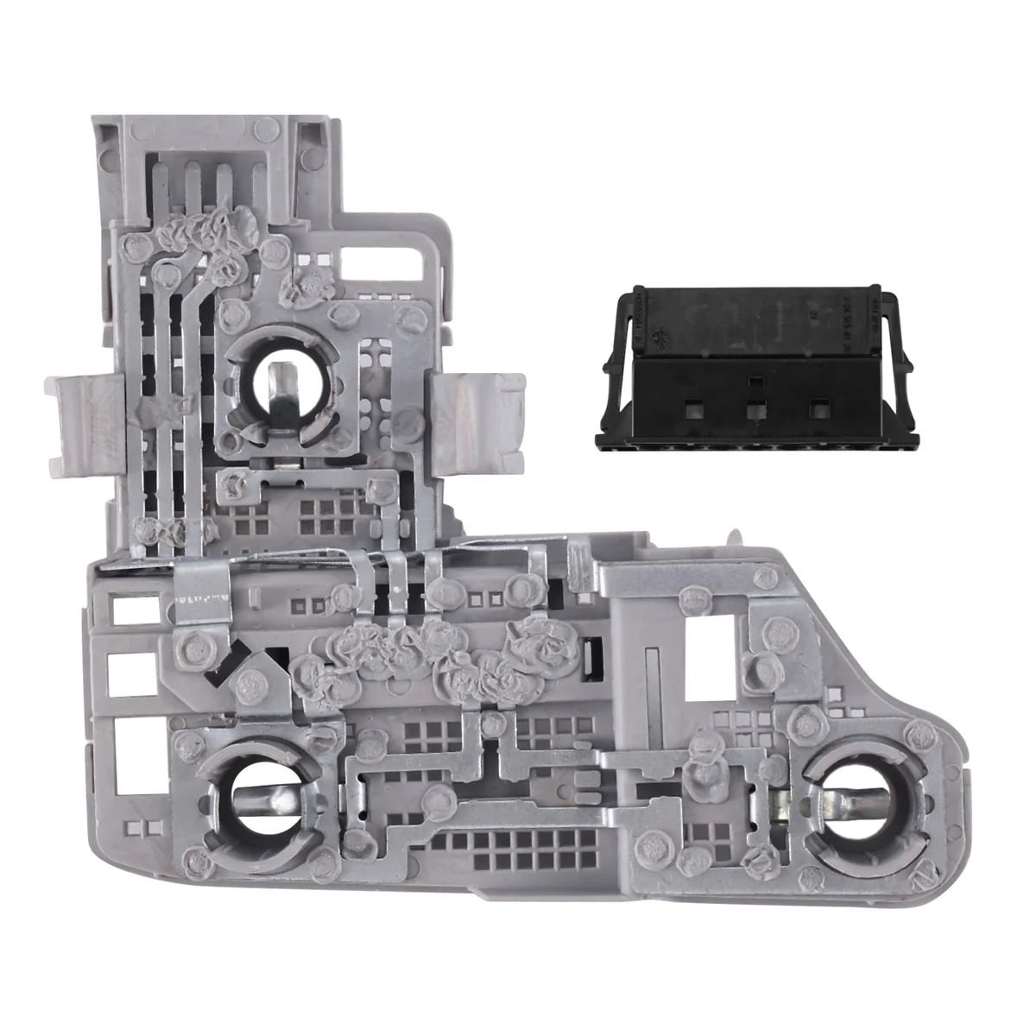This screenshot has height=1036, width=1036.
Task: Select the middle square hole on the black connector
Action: (x=756, y=408)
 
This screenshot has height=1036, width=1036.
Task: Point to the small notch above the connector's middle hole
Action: (x=756, y=380)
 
